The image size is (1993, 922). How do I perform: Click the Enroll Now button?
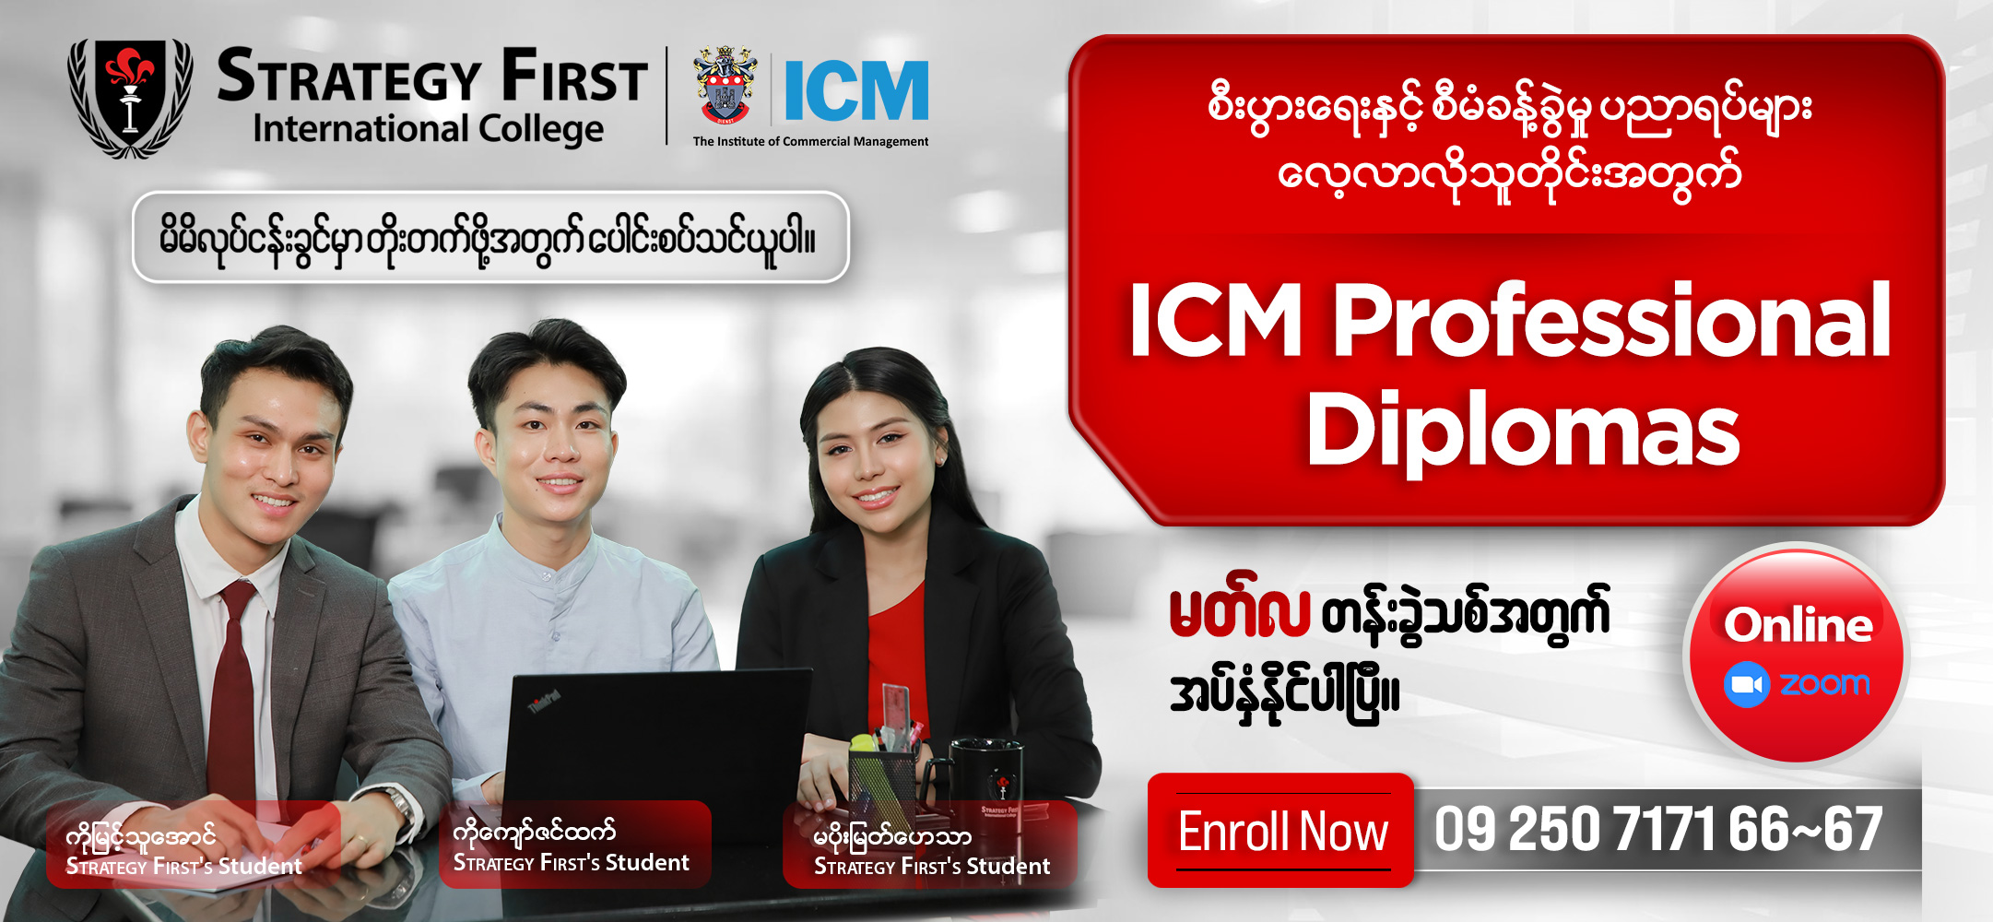click(x=1280, y=831)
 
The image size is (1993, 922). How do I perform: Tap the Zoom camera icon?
click(x=1746, y=685)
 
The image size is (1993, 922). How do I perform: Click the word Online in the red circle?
click(x=1798, y=625)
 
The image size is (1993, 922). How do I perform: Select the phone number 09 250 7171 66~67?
click(x=1657, y=829)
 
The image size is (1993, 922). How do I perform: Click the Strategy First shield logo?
click(x=130, y=97)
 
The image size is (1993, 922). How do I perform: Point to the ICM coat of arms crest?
click(x=725, y=85)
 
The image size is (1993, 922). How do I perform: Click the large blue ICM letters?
click(x=855, y=90)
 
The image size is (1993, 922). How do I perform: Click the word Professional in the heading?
click(x=1612, y=321)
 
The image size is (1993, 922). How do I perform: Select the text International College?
click(x=429, y=129)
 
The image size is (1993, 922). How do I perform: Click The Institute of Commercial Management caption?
click(x=810, y=141)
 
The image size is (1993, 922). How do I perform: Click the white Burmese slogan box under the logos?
click(x=490, y=237)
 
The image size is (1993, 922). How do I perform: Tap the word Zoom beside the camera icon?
click(x=1824, y=684)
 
